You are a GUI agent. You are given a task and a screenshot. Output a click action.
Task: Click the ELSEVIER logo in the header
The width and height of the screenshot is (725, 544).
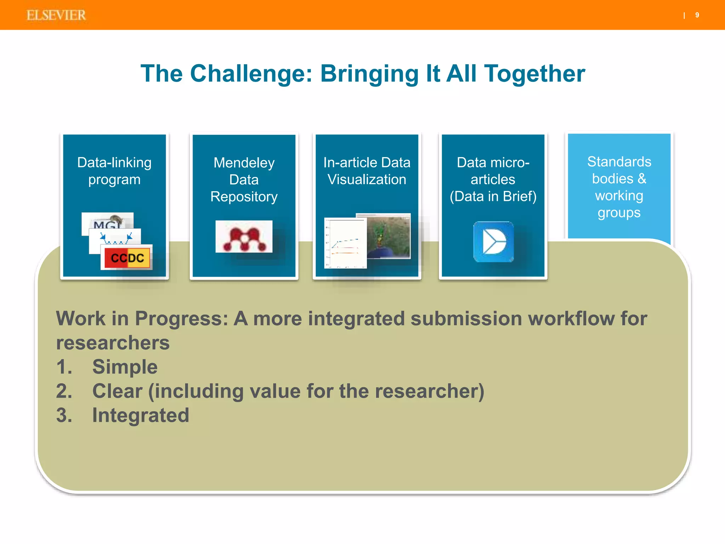[x=56, y=15]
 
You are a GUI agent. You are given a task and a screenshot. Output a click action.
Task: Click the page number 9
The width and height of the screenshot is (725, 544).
[x=697, y=15]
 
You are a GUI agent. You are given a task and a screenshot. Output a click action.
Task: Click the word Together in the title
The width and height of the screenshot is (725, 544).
[x=534, y=74]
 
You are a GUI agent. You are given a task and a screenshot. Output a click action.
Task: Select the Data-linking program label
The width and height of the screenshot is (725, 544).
[x=114, y=171]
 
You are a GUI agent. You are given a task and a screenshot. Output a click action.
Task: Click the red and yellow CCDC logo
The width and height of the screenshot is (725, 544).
[x=127, y=257]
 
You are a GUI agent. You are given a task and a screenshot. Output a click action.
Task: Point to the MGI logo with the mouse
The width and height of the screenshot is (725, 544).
[x=107, y=222]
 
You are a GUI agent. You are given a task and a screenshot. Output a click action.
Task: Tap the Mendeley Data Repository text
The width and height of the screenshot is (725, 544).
[x=244, y=180]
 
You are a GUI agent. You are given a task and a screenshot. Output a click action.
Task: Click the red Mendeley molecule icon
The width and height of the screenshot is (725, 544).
[x=244, y=237]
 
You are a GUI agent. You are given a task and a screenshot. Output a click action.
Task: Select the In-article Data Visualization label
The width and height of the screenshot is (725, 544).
[x=367, y=171]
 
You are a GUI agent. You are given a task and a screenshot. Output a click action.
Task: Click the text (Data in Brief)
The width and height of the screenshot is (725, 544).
[x=493, y=196]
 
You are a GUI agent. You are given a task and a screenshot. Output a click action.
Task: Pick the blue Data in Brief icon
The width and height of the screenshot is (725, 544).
[x=493, y=242]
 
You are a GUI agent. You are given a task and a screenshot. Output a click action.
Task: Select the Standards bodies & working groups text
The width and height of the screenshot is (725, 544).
[x=619, y=187]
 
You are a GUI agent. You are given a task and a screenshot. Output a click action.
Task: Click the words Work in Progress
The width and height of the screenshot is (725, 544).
[x=142, y=318]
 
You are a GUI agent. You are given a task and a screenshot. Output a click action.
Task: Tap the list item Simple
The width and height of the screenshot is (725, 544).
[x=125, y=367]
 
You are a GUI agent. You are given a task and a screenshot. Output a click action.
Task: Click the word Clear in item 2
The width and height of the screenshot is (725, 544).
[x=117, y=391]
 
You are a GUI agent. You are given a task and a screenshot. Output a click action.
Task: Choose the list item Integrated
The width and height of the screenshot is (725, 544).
[x=141, y=415]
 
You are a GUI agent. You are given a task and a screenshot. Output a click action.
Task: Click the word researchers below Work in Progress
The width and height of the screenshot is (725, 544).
[x=113, y=342]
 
